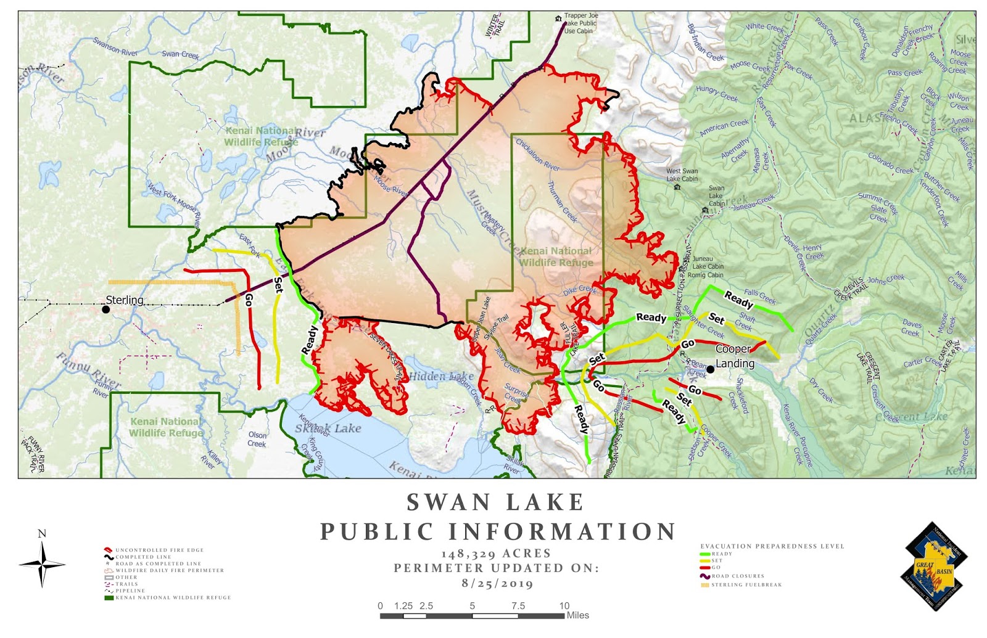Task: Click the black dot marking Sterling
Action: point(106,309)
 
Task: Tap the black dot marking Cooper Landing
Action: point(710,369)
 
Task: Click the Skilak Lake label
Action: point(328,428)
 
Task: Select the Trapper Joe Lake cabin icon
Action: point(559,19)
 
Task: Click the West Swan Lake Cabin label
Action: point(682,175)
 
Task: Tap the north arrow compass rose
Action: point(42,563)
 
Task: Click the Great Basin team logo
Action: point(935,566)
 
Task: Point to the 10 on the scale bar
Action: point(564,606)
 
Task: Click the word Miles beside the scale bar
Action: point(578,615)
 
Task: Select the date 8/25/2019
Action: point(497,583)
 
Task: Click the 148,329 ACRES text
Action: point(496,554)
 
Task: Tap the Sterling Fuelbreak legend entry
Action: point(745,585)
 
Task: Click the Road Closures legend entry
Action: point(737,576)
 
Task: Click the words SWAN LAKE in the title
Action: point(496,502)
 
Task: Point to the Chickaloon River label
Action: point(537,155)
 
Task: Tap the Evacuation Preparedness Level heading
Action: point(772,546)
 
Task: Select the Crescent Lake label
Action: point(911,417)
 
